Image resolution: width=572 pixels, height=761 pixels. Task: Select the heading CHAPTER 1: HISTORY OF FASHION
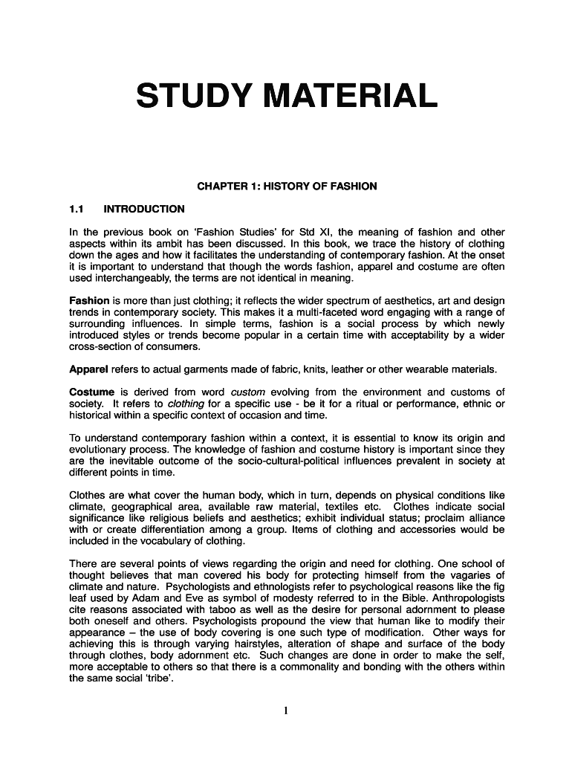[x=286, y=186]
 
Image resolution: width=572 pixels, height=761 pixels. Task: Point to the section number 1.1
[x=77, y=209]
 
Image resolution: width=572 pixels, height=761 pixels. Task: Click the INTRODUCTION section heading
[x=144, y=209]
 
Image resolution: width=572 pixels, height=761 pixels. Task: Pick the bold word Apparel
[x=88, y=369]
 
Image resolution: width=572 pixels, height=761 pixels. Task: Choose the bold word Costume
[x=91, y=392]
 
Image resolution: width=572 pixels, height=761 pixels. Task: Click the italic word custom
[x=248, y=392]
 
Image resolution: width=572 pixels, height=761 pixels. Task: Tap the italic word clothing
[x=186, y=403]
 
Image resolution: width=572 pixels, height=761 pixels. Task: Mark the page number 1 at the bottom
[x=286, y=710]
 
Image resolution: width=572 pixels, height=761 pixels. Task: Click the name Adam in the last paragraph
[x=140, y=598]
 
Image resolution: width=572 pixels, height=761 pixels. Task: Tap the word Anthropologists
[x=460, y=598]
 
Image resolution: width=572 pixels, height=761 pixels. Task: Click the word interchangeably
[x=138, y=278]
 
